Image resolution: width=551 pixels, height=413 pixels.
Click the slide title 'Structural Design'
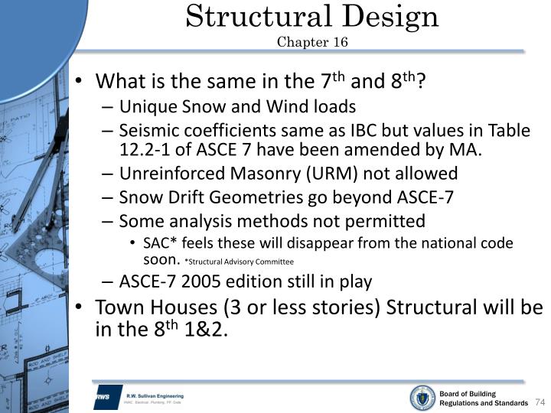click(x=312, y=16)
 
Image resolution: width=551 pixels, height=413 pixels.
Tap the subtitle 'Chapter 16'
click(x=312, y=41)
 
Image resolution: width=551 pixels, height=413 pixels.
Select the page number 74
click(x=539, y=402)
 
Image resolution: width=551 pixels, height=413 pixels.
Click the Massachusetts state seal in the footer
click(x=422, y=397)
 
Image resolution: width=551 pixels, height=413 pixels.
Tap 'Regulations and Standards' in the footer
click(x=483, y=403)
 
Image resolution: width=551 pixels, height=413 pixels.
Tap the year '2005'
click(x=201, y=281)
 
